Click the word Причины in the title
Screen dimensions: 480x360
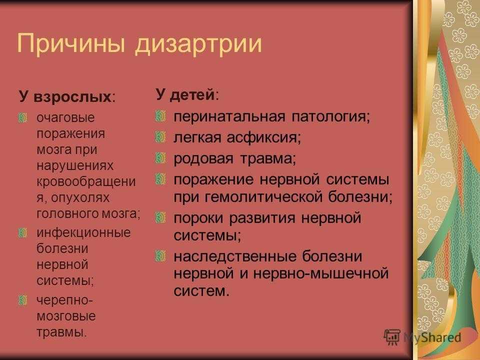(x=71, y=43)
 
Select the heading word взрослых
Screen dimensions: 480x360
(x=72, y=97)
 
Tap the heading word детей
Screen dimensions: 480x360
(x=192, y=95)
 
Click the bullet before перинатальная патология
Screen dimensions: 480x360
(x=160, y=116)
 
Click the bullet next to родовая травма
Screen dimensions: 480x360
(x=160, y=158)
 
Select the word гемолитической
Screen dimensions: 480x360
(x=263, y=196)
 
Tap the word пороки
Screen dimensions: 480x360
(x=198, y=218)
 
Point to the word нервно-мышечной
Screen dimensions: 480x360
(x=321, y=273)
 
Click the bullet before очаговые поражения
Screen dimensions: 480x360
(x=22, y=118)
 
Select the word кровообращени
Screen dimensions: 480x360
(x=86, y=181)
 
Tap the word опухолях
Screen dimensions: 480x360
(x=80, y=198)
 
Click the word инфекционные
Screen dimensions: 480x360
(x=83, y=232)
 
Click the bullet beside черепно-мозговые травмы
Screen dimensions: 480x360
(x=22, y=300)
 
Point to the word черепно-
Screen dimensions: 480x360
(x=64, y=300)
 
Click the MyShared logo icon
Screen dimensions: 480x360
(x=392, y=337)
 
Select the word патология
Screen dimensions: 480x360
(x=330, y=117)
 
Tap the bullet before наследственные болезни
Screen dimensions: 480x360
(x=160, y=256)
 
